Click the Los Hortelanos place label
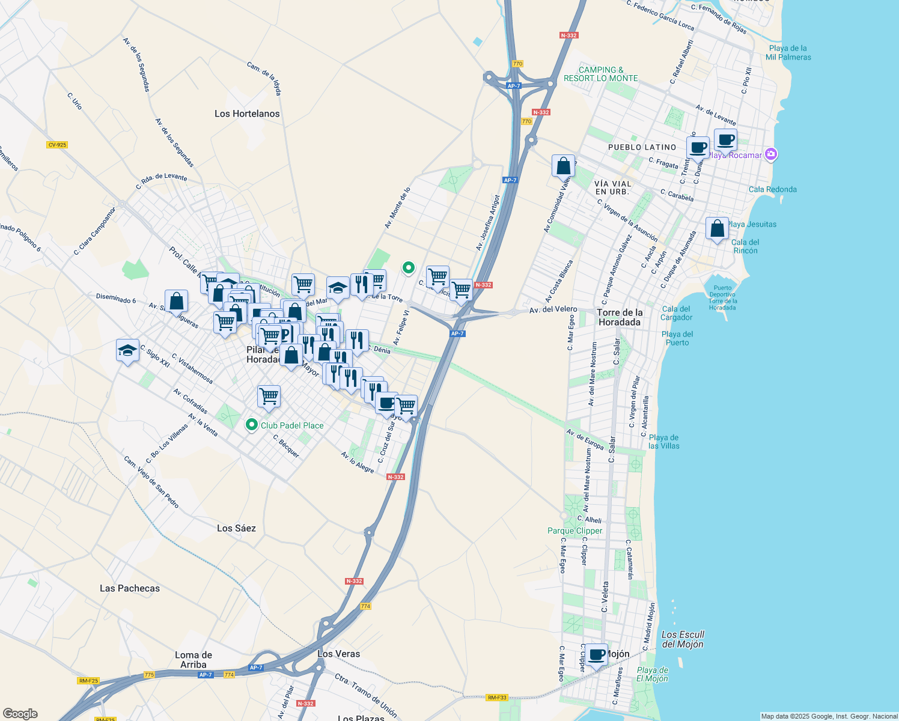tap(247, 114)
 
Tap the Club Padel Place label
tap(292, 425)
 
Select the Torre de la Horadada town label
tap(620, 317)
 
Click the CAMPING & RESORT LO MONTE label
tap(600, 74)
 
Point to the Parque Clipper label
tap(574, 531)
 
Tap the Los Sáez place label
tap(236, 528)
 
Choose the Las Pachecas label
tap(130, 588)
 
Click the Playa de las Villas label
tap(663, 442)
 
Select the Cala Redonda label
tap(772, 189)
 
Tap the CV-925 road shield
tap(57, 145)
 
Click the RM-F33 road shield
tap(497, 698)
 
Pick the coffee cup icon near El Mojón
tap(597, 655)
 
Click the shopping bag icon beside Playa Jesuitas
tap(717, 229)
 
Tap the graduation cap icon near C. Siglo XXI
tap(127, 350)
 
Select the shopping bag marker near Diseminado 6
tap(177, 301)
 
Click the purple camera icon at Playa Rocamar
tap(772, 155)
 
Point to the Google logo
tap(20, 714)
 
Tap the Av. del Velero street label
tap(553, 309)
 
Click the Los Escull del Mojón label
tap(682, 639)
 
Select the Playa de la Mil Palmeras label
tap(788, 53)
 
